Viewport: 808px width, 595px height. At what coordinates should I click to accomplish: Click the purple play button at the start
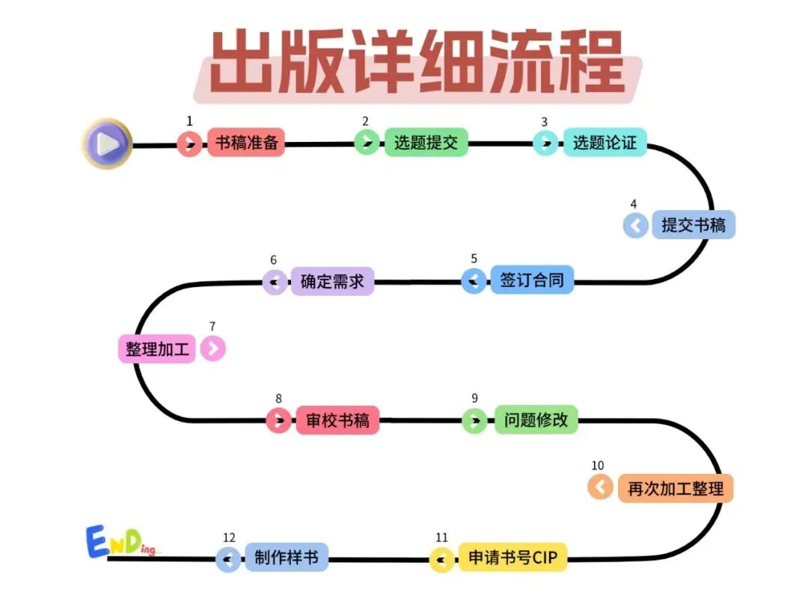(x=107, y=143)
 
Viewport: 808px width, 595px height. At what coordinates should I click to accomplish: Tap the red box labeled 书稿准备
(x=245, y=142)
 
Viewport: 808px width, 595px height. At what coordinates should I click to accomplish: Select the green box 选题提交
(x=426, y=142)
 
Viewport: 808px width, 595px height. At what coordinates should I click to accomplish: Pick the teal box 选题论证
(x=605, y=142)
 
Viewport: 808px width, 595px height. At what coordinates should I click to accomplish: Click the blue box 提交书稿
(x=694, y=225)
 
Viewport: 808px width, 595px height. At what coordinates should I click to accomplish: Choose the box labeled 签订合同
(x=532, y=280)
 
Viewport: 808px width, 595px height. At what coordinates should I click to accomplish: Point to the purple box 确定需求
(x=332, y=281)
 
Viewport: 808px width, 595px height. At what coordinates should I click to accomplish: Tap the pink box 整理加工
(x=157, y=348)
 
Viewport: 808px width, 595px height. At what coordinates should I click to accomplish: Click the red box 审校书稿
(x=337, y=420)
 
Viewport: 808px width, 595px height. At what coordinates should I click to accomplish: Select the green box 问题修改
(x=536, y=420)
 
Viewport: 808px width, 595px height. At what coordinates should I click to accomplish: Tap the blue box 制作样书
(x=287, y=558)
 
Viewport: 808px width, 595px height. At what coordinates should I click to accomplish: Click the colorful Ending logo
(x=120, y=541)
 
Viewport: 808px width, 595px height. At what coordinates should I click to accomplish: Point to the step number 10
(x=598, y=466)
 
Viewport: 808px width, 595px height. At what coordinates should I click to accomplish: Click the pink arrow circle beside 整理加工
(x=212, y=348)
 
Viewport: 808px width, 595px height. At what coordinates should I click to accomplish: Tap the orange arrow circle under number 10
(x=600, y=487)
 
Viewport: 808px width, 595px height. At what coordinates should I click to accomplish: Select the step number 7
(x=212, y=326)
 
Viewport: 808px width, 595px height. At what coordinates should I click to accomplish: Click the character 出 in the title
(x=242, y=62)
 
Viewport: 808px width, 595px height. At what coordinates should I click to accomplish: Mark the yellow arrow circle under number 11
(x=442, y=559)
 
